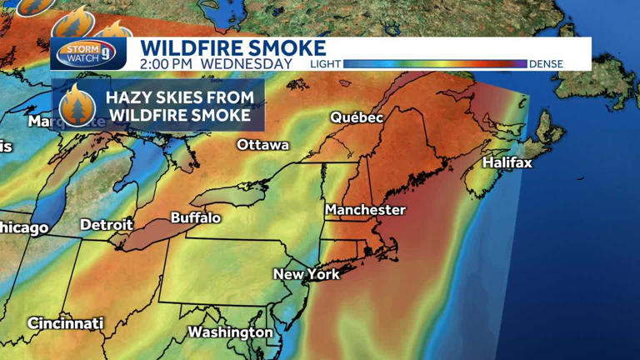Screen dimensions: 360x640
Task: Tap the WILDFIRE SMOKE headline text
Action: [232, 47]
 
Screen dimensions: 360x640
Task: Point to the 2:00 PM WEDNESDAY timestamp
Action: [216, 63]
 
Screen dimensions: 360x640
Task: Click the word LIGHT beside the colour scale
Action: [324, 64]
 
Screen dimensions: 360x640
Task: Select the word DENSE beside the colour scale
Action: [546, 64]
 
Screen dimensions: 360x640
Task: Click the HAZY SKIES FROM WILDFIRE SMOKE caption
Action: [179, 106]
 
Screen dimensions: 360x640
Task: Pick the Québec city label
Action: [357, 118]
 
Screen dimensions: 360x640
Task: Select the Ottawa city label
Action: [262, 145]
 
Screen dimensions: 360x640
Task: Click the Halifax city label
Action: [507, 162]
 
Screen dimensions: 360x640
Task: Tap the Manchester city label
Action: [365, 210]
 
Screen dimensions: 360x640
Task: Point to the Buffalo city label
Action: [196, 218]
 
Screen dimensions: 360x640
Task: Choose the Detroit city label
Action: [106, 225]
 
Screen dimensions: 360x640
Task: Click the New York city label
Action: [307, 274]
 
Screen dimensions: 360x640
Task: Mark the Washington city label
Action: [230, 332]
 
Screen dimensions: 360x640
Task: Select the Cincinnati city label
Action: [65, 323]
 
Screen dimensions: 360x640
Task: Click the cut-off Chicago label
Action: [23, 227]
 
